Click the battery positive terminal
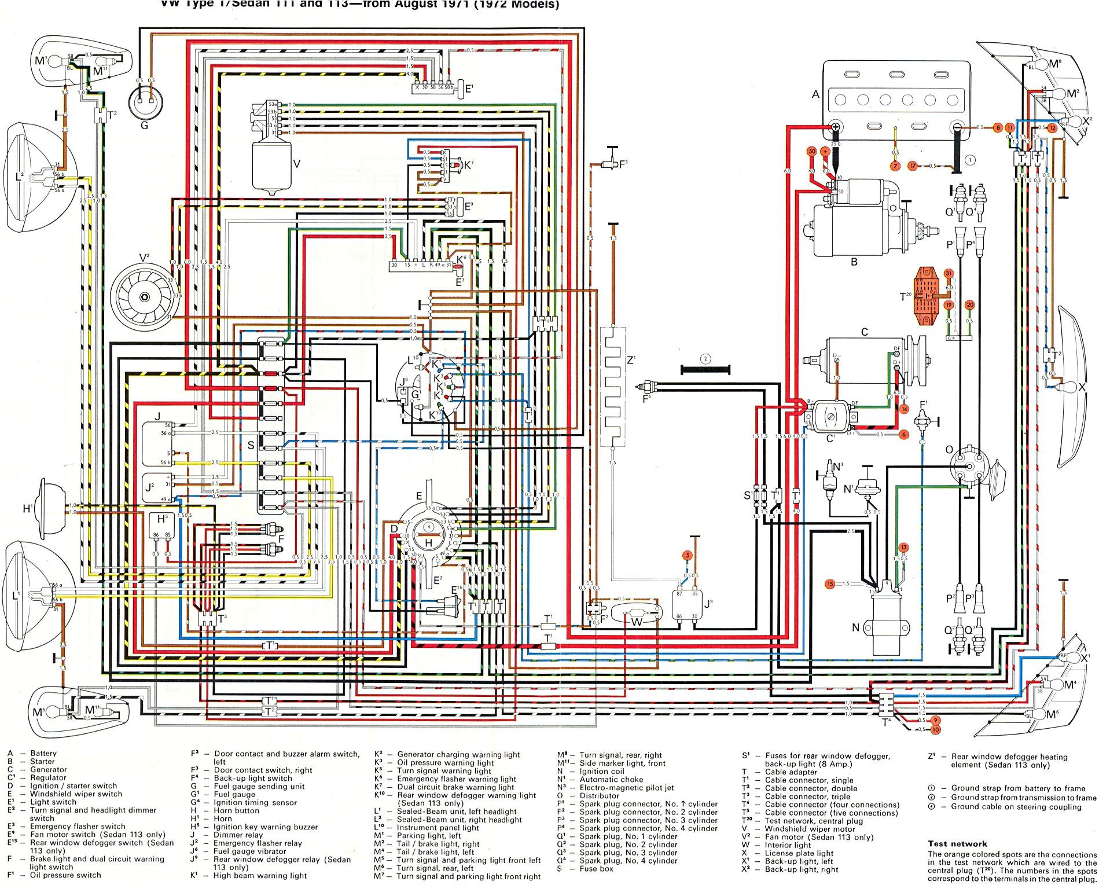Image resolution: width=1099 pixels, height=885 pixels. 836,127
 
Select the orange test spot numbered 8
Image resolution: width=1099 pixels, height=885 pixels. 998,127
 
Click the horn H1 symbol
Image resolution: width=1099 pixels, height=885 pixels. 50,508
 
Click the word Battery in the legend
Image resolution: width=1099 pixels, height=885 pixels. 43,753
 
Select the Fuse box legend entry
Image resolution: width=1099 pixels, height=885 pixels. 596,869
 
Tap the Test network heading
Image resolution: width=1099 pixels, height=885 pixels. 957,843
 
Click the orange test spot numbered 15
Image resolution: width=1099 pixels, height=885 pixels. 830,583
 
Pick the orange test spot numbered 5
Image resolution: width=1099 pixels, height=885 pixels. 688,555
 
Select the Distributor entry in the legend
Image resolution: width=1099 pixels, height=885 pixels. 599,795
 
